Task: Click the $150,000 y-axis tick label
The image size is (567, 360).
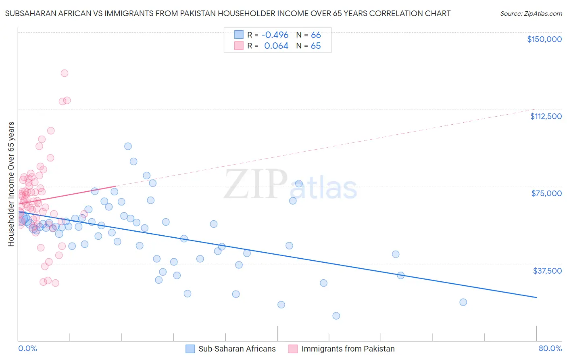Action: click(544, 39)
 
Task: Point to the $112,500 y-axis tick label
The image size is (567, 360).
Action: click(546, 116)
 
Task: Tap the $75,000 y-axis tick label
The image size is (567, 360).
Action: click(546, 193)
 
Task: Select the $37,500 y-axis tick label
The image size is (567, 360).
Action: click(547, 271)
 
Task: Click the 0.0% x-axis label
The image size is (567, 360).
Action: click(27, 349)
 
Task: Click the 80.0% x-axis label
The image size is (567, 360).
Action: click(550, 349)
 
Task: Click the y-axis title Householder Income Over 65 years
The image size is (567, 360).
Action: click(11, 184)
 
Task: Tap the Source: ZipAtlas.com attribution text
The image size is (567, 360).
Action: click(531, 14)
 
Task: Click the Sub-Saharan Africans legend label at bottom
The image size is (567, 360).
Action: click(237, 349)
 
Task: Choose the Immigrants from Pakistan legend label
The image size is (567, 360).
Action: click(348, 349)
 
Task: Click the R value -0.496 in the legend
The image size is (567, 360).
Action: click(275, 35)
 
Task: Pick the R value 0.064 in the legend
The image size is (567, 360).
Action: click(276, 46)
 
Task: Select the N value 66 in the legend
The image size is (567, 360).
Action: click(316, 35)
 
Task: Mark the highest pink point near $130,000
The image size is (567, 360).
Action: click(65, 73)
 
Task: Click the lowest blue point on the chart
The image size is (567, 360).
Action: click(336, 316)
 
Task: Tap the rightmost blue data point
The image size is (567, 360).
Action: click(463, 302)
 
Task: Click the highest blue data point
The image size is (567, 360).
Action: click(128, 146)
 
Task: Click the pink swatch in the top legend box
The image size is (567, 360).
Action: click(239, 46)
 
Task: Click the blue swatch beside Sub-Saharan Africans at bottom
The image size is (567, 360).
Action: click(190, 349)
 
